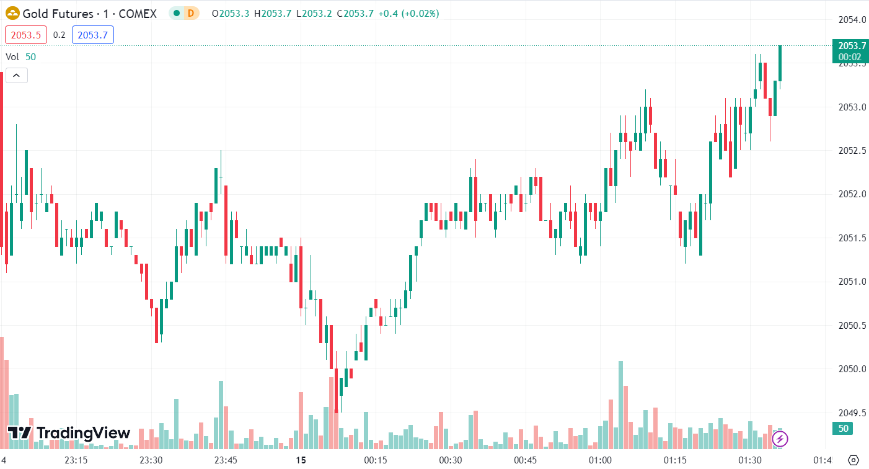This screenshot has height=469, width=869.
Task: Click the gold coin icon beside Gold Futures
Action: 12,13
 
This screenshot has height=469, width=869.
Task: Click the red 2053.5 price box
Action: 26,35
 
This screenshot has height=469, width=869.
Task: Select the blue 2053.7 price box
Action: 92,35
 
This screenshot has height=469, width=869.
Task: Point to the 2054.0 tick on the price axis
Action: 849,20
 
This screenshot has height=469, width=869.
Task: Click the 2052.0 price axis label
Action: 849,195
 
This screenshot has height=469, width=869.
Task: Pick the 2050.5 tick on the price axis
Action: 849,326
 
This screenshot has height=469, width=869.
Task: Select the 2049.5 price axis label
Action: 849,413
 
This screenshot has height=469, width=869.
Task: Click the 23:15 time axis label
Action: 76,460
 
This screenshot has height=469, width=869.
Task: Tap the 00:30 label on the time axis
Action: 451,460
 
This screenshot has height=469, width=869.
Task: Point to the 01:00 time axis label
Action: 601,460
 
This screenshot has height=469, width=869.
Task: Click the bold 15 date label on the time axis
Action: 301,460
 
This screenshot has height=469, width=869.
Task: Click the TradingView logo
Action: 69,432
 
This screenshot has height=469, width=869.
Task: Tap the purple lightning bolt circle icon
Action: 780,439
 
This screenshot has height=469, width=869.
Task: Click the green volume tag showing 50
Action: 843,429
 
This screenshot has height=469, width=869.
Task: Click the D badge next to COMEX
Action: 190,13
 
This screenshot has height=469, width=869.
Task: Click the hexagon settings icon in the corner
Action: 854,460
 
